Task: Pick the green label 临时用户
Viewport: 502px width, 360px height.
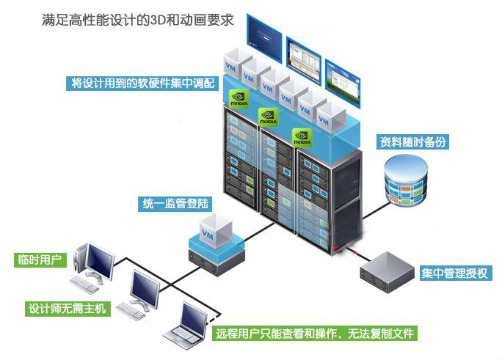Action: click(x=42, y=260)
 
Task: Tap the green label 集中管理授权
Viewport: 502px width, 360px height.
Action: click(x=456, y=274)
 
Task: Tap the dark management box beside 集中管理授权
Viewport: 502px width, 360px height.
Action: click(x=388, y=271)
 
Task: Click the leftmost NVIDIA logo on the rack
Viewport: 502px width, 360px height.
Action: click(x=239, y=100)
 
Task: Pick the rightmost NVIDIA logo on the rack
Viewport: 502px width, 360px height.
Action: click(x=302, y=136)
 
